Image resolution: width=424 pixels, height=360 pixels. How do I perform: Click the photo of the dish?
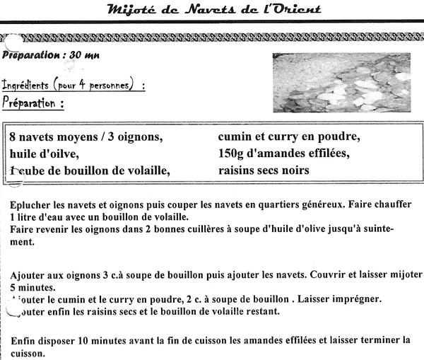click(x=341, y=83)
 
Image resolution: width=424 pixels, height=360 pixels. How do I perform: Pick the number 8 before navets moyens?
click(x=14, y=136)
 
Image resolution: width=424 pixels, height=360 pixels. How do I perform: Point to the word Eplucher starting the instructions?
click(x=33, y=204)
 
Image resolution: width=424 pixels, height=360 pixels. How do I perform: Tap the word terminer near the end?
click(x=379, y=340)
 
